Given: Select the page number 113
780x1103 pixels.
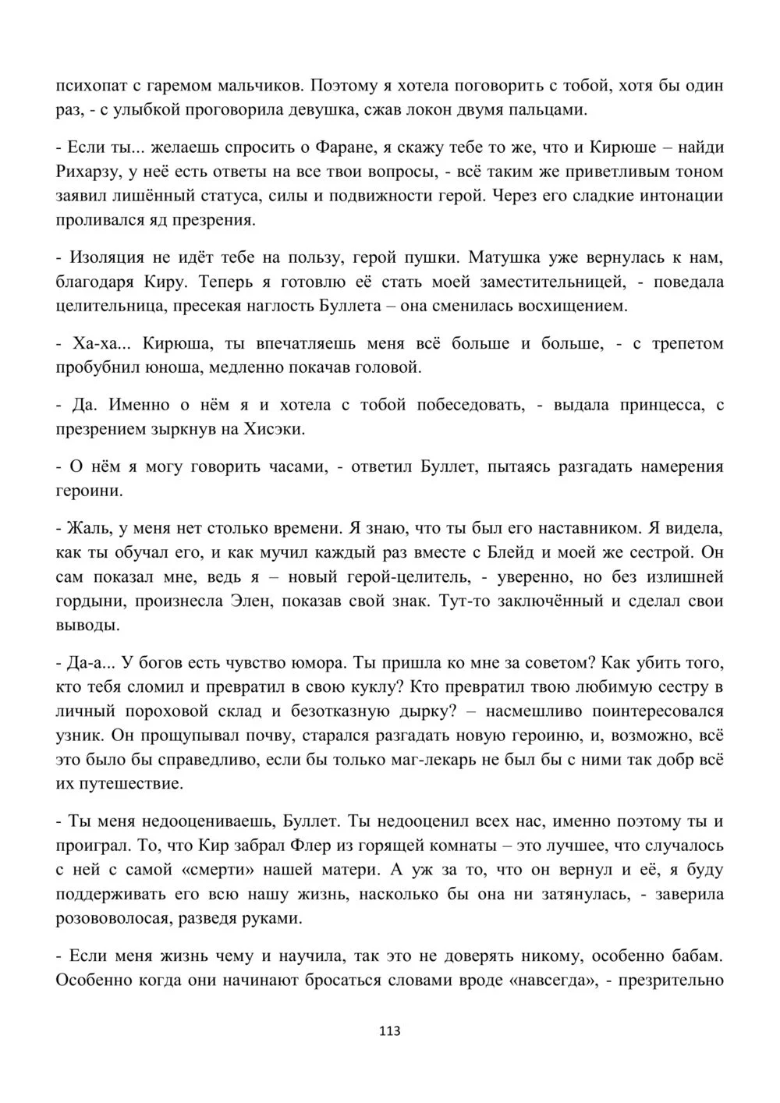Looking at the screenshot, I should click(389, 1030).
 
